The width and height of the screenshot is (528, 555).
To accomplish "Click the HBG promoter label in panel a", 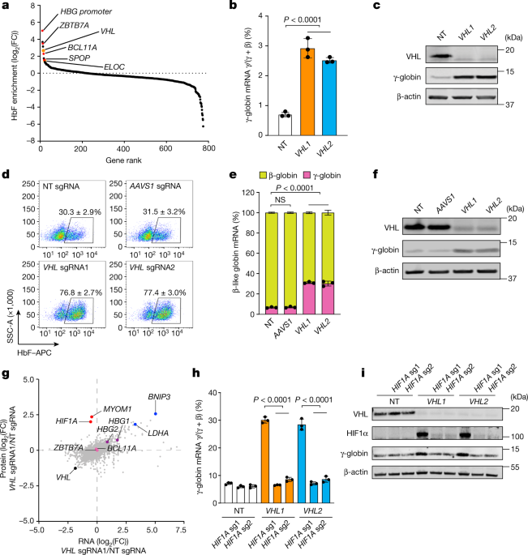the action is click(x=86, y=11).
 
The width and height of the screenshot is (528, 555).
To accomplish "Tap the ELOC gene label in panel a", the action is click(x=114, y=67).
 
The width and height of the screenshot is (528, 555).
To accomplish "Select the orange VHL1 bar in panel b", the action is click(x=307, y=92).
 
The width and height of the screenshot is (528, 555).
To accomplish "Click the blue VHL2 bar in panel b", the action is click(x=329, y=98).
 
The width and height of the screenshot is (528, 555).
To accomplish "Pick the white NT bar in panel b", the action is click(x=285, y=125).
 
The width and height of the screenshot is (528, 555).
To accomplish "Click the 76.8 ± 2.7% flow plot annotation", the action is click(x=81, y=292).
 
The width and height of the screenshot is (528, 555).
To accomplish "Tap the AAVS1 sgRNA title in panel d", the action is click(x=155, y=186).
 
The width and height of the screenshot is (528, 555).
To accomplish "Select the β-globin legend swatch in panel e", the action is click(x=263, y=175).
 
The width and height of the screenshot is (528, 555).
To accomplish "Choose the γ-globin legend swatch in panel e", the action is click(x=307, y=175).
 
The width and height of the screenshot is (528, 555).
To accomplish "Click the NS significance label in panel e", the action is click(x=280, y=199).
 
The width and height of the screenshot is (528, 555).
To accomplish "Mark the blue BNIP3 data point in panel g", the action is click(x=155, y=414).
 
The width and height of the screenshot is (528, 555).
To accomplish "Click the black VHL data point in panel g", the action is click(x=75, y=468).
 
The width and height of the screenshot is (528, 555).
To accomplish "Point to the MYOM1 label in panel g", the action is click(x=118, y=409).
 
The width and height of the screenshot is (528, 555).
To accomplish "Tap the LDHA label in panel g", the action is click(x=158, y=433).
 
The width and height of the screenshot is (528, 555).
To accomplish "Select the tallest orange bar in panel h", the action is click(x=264, y=462).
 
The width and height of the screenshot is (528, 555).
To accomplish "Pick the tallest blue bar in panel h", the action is click(x=302, y=464).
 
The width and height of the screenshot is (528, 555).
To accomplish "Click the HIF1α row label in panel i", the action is click(x=355, y=433).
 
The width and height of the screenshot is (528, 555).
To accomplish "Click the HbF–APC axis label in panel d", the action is click(x=34, y=352).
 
